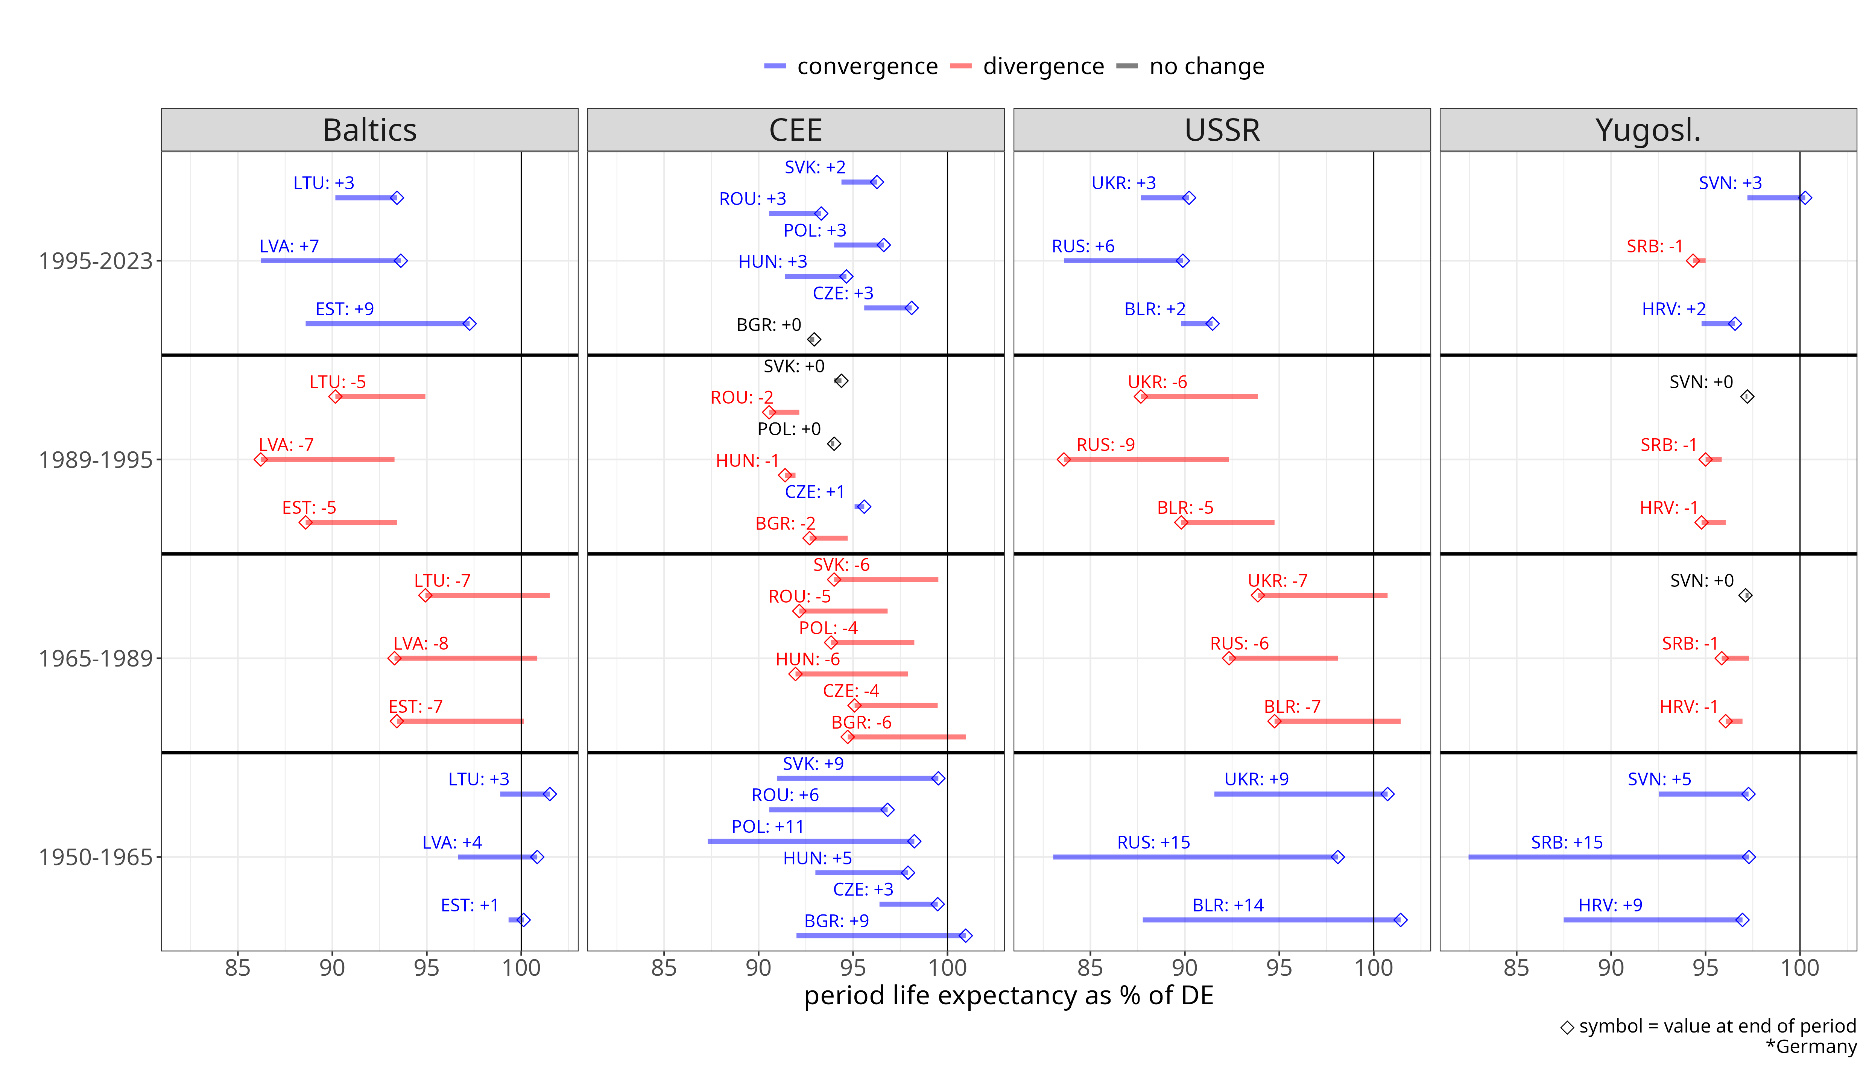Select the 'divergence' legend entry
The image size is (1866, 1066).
[x=1042, y=67]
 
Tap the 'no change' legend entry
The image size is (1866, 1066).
[x=1206, y=67]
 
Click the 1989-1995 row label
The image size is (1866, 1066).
[x=95, y=460]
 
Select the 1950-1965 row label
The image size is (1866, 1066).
[x=95, y=856]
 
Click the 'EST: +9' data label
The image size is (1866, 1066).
[x=344, y=309]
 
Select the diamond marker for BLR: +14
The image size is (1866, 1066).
[x=1399, y=920]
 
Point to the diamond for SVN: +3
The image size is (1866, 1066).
[x=1805, y=198]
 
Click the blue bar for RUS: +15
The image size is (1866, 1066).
[x=1193, y=856]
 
